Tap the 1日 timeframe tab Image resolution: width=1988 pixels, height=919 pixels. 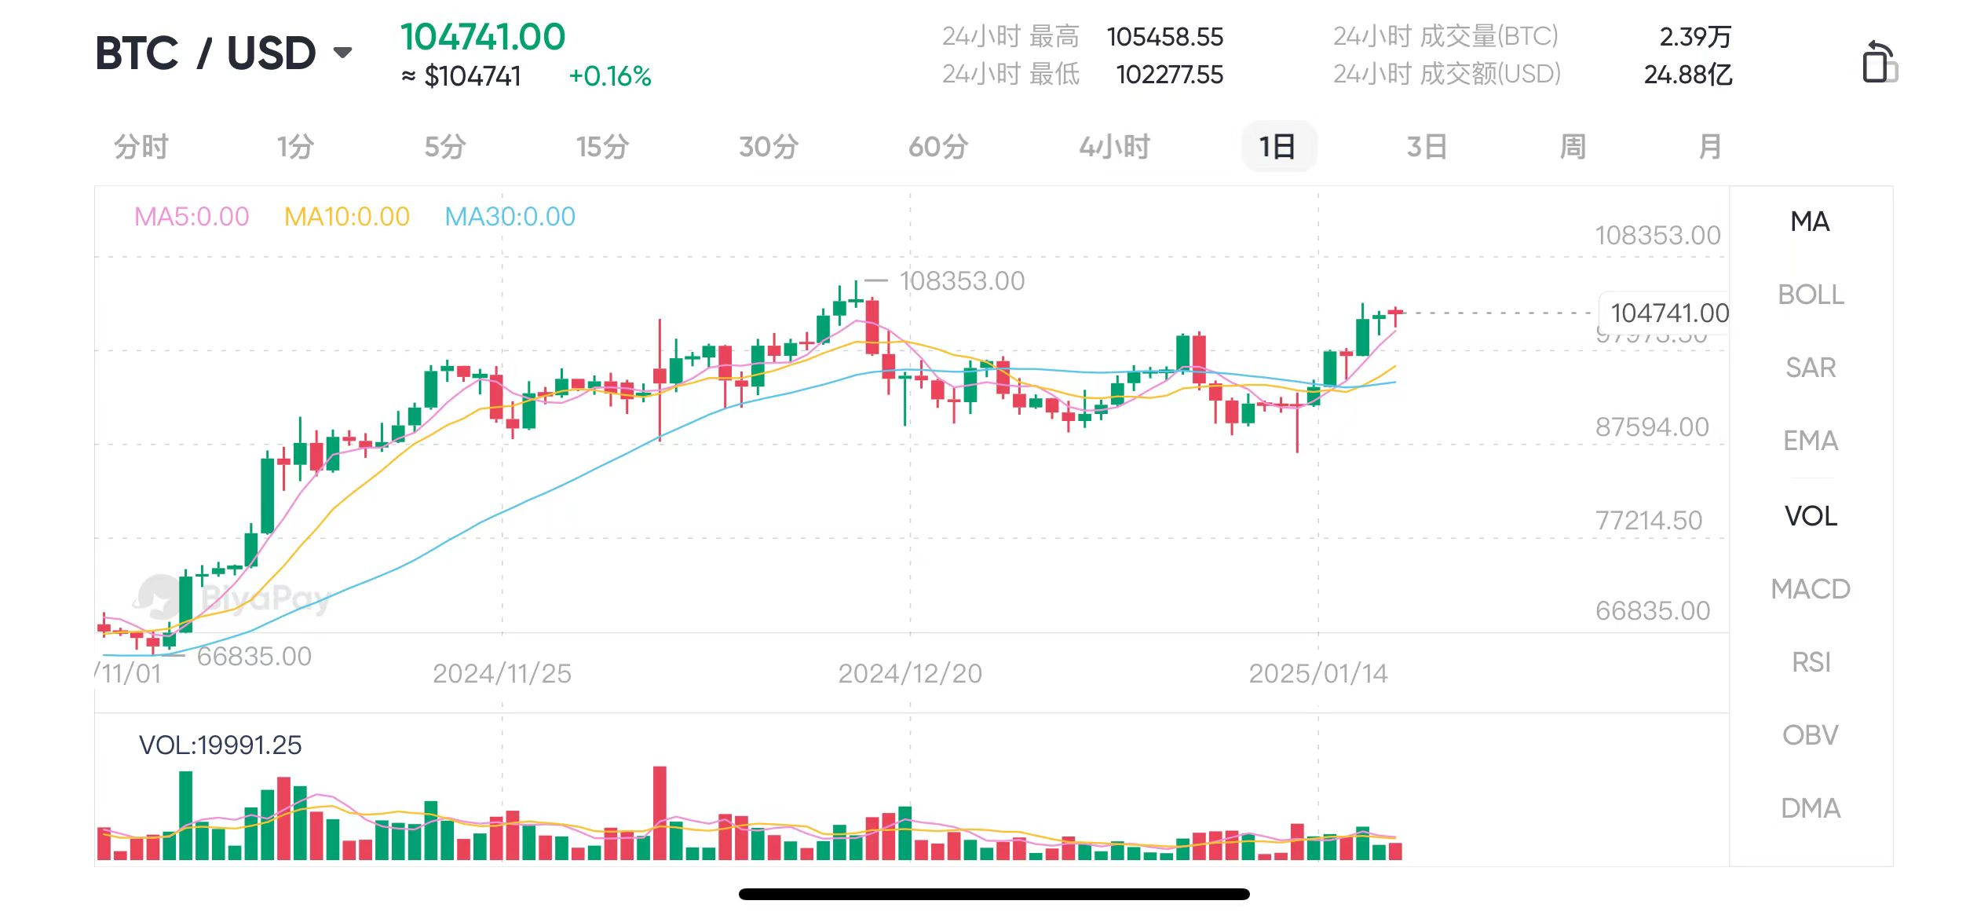tap(1278, 147)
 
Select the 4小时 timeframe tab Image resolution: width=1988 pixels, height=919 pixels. tap(1114, 147)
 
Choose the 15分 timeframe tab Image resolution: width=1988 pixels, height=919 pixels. tap(602, 147)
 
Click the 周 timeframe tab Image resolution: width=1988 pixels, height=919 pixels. tap(1573, 147)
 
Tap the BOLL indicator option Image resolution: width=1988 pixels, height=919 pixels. tap(1811, 295)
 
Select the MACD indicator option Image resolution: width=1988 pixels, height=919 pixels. tap(1811, 589)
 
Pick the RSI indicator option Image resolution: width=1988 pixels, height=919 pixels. tap(1811, 662)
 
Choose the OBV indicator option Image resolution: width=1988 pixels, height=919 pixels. tap(1811, 735)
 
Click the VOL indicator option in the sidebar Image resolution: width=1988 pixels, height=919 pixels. tap(1811, 516)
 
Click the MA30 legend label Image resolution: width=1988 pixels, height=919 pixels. tap(510, 216)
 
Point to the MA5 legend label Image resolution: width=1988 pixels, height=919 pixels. tap(192, 216)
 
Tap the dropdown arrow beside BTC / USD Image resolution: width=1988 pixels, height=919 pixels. tap(342, 53)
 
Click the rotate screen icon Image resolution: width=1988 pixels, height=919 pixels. tap(1879, 62)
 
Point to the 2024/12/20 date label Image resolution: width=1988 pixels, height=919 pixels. tap(910, 673)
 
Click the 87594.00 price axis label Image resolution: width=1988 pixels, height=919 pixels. tap(1652, 427)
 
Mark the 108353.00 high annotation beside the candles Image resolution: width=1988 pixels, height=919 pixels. tap(962, 280)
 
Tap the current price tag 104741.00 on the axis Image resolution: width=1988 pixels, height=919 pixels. tap(1669, 313)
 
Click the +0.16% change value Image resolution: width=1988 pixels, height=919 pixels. tap(610, 76)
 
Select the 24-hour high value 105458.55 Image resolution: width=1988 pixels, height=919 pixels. tap(1165, 37)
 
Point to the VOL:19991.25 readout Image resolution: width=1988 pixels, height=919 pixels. tap(220, 745)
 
